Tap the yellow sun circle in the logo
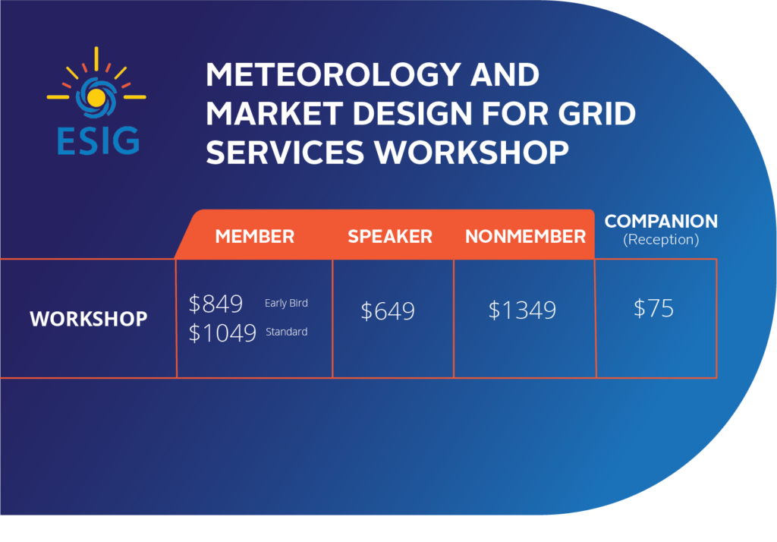pyautogui.click(x=96, y=97)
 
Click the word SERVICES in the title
pyautogui.click(x=285, y=152)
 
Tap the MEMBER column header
pyautogui.click(x=254, y=236)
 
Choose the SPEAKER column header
pyautogui.click(x=390, y=236)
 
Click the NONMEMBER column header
pyautogui.click(x=525, y=236)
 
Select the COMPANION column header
pyautogui.click(x=660, y=222)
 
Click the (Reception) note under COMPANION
pyautogui.click(x=660, y=240)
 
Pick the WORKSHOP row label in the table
pyautogui.click(x=88, y=319)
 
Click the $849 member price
pyautogui.click(x=215, y=304)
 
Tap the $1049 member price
pyautogui.click(x=222, y=332)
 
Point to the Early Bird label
pyautogui.click(x=286, y=304)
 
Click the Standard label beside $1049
pyautogui.click(x=286, y=332)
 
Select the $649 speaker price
pyautogui.click(x=388, y=311)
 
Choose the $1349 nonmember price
pyautogui.click(x=522, y=310)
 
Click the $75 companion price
pyautogui.click(x=653, y=308)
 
